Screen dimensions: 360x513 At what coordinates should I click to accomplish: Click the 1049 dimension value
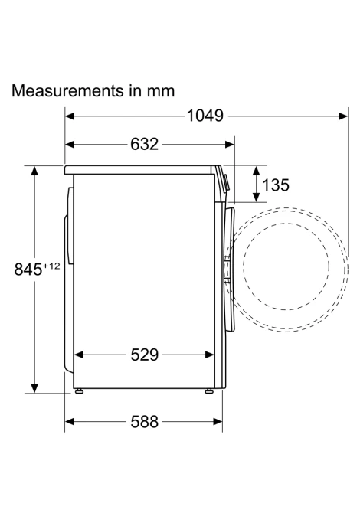point(205,116)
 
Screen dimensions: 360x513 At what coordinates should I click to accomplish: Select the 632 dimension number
point(144,144)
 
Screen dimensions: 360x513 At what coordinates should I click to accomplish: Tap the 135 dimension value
point(276,185)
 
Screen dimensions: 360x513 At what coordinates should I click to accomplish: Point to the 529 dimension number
point(144,355)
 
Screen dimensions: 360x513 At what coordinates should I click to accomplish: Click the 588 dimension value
point(144,422)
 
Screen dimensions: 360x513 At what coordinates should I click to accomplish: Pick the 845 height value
point(28,270)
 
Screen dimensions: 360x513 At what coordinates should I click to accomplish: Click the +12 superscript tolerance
point(51,266)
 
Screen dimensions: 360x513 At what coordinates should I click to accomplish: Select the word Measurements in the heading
point(67,90)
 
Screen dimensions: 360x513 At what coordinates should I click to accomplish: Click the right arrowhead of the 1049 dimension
point(343,116)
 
